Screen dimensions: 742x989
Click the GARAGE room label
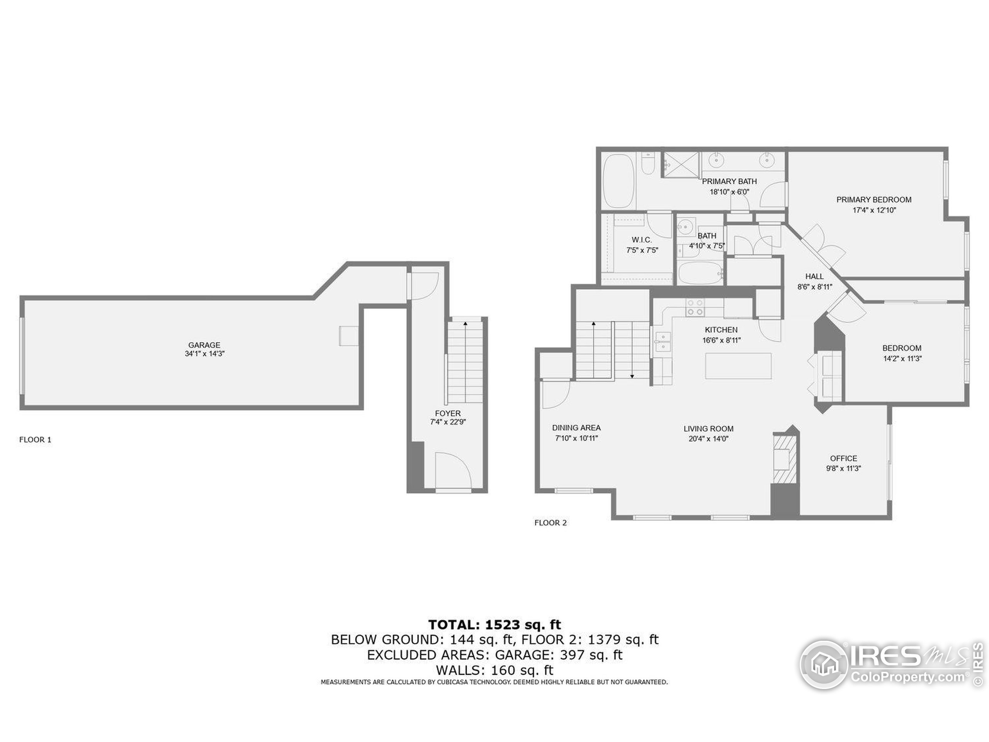click(x=204, y=345)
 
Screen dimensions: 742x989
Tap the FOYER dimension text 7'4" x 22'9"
click(x=447, y=422)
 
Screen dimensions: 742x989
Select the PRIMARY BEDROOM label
click(x=873, y=199)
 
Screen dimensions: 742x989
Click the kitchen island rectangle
click(x=738, y=366)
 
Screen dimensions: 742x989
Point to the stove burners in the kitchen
click(x=695, y=307)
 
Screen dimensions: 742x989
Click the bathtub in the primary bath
click(x=619, y=181)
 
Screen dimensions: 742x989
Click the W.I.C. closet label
click(x=642, y=240)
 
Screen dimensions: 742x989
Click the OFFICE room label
click(x=843, y=458)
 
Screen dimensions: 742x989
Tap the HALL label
click(x=814, y=276)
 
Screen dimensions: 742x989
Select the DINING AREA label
click(x=576, y=427)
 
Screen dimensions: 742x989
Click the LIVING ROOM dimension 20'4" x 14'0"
click(x=708, y=439)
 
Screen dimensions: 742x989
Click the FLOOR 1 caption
click(x=35, y=440)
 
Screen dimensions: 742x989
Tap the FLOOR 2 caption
click(x=551, y=523)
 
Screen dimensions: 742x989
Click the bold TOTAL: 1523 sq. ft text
click(x=494, y=625)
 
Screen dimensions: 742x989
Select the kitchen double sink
click(x=662, y=342)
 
